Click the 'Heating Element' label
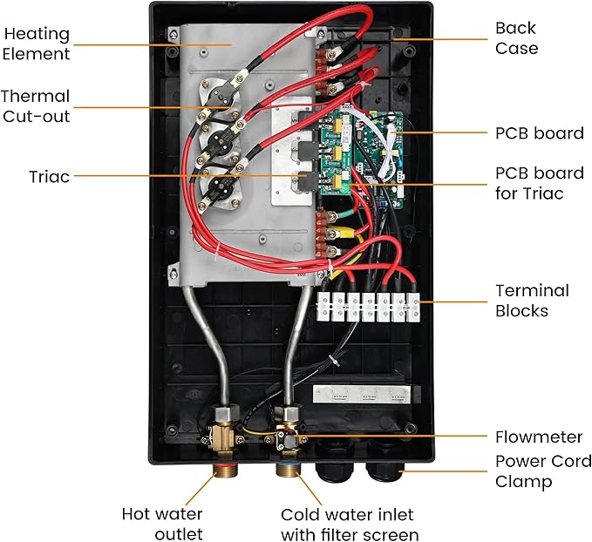tap(37, 44)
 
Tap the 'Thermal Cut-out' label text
tap(36, 106)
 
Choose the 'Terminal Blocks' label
tap(532, 301)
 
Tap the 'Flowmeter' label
tap(539, 437)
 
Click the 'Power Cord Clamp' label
tap(542, 471)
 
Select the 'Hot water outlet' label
tap(162, 524)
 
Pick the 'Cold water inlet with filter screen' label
tap(349, 524)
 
